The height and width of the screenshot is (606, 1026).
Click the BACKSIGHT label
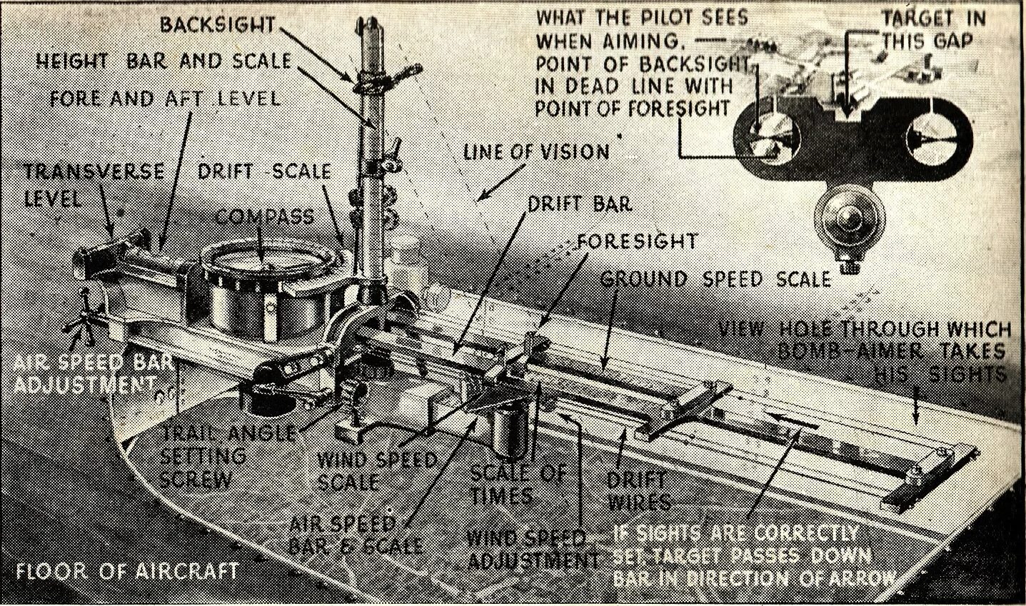pyautogui.click(x=217, y=24)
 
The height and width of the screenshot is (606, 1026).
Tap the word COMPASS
pyautogui.click(x=265, y=216)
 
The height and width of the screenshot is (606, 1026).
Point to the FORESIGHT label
pyautogui.click(x=637, y=241)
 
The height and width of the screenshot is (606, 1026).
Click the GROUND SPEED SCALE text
pyautogui.click(x=716, y=278)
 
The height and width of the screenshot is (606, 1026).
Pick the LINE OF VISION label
pyautogui.click(x=536, y=151)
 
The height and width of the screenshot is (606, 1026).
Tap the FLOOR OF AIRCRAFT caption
pyautogui.click(x=128, y=571)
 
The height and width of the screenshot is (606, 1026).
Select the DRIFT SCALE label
pyautogui.click(x=264, y=171)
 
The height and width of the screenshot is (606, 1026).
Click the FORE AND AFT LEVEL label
pyautogui.click(x=165, y=97)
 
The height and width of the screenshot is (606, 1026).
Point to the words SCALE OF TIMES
pyautogui.click(x=518, y=483)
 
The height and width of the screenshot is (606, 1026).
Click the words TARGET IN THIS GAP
pyautogui.click(x=932, y=29)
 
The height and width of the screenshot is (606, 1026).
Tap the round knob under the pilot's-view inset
pyautogui.click(x=850, y=218)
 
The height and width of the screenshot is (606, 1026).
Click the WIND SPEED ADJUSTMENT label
pyautogui.click(x=531, y=548)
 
